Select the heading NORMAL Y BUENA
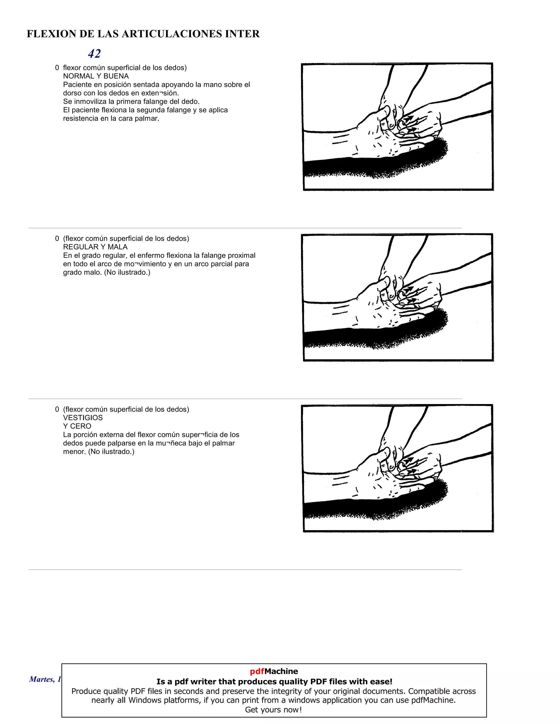pos(96,76)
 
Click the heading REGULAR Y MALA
pos(95,247)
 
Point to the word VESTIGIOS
pos(83,418)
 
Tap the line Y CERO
pos(77,426)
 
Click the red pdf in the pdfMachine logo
pos(257,671)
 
